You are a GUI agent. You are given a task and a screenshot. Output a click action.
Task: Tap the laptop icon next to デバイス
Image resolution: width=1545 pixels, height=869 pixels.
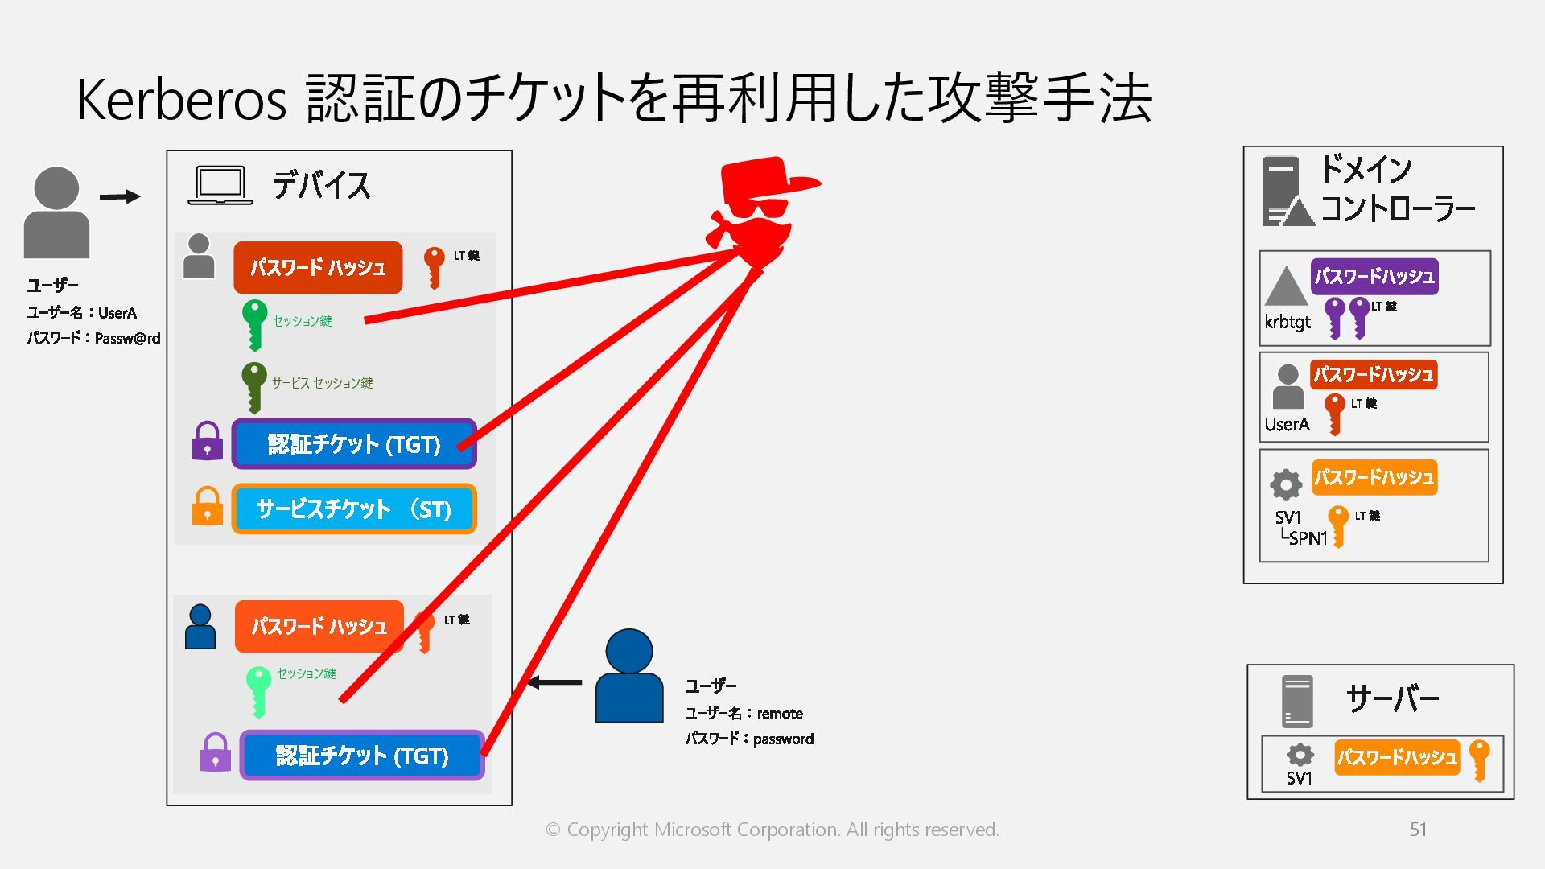220,185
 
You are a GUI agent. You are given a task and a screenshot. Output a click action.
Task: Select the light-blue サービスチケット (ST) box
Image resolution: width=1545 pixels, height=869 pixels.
354,509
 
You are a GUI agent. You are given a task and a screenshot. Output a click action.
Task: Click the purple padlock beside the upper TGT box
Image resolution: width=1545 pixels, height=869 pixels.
207,441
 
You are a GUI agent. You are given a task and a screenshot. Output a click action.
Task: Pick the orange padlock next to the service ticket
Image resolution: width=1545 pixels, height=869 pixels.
207,506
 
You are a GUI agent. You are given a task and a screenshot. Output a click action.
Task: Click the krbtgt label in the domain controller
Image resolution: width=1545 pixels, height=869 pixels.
1287,322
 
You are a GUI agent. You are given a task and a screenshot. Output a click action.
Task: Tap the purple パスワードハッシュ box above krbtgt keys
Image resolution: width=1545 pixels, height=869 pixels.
1374,276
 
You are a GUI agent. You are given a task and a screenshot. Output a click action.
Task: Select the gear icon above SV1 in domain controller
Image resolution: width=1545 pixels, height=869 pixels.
1286,484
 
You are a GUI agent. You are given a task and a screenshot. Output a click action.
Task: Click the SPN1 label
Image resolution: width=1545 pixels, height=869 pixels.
1308,538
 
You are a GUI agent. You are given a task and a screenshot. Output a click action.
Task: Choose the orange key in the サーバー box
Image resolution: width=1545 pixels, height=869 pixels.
1479,759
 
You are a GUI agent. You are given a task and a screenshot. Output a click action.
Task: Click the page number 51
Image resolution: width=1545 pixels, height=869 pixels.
1418,830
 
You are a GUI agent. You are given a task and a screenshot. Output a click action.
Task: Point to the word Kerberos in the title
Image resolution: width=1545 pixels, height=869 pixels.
182,100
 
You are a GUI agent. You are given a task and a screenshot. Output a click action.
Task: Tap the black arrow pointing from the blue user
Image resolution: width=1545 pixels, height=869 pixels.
554,683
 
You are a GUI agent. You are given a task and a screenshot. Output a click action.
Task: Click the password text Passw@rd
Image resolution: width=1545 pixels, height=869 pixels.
127,338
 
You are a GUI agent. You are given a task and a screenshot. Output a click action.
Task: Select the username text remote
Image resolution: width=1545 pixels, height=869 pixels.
779,714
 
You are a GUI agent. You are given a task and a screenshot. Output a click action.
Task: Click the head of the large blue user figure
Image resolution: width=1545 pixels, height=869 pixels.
628,651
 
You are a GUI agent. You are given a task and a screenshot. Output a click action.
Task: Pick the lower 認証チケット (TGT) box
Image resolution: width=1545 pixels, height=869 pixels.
362,755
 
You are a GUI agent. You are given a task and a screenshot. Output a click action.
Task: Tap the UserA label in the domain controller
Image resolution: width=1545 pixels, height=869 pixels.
1287,424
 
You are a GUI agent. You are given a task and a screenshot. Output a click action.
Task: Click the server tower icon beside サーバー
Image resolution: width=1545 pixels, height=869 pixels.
1296,701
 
